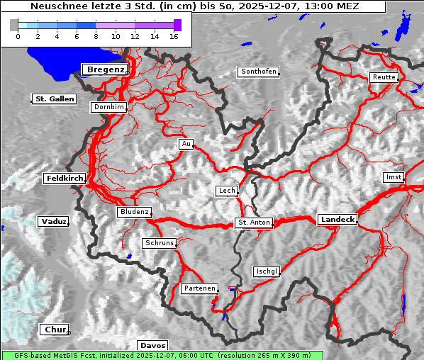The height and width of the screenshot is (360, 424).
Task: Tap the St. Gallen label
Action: coord(55,99)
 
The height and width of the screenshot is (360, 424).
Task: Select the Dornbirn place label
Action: coord(108,107)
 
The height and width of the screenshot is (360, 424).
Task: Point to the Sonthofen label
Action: coord(258,72)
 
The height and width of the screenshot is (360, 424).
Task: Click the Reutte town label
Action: coord(384,77)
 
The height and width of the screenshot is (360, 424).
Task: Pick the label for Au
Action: coord(186,144)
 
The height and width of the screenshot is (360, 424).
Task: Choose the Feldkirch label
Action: coord(65,178)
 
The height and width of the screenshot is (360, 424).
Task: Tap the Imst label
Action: coord(392,176)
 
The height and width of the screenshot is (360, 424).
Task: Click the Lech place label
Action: coord(226,191)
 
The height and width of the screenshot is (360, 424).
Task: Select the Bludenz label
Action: coord(134,212)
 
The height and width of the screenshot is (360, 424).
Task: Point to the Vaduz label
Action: coord(53,221)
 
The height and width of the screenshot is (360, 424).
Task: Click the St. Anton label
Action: coord(253,223)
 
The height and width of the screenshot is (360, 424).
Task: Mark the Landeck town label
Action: coord(337,220)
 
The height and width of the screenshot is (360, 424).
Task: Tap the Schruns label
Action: coord(159,243)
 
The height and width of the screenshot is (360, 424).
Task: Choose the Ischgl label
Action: coord(267,271)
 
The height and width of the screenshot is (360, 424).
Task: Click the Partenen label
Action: coord(199,288)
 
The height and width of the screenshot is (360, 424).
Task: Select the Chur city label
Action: coord(54,330)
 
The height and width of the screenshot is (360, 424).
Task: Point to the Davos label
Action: coord(153,345)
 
